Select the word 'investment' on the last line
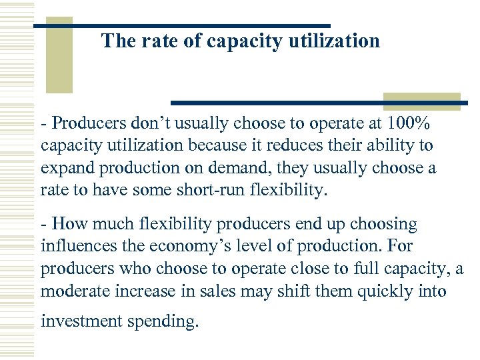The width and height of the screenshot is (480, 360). [x=79, y=321]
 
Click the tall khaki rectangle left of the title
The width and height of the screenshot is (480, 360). [x=59, y=57]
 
